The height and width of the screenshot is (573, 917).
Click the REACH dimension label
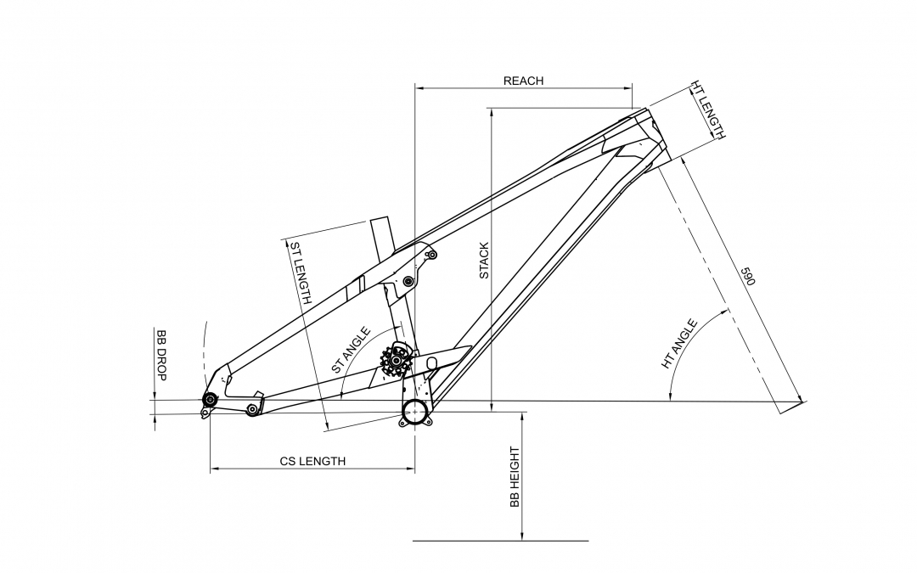point(523,81)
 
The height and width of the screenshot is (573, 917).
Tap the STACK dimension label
point(484,261)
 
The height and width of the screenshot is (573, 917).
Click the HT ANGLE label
point(679,344)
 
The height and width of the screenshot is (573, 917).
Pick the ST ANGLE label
point(351,351)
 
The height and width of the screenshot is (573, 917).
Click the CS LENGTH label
point(312,462)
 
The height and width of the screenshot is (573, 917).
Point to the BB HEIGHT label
point(515,477)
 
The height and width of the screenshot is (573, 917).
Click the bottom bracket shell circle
point(414,413)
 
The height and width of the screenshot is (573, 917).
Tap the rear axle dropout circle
point(209,400)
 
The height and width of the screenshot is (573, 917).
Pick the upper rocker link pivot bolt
point(431,254)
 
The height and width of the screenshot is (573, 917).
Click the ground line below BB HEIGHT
point(500,540)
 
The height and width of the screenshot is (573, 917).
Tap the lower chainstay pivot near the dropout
point(251,411)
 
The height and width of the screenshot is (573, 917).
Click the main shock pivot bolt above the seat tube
point(408,281)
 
